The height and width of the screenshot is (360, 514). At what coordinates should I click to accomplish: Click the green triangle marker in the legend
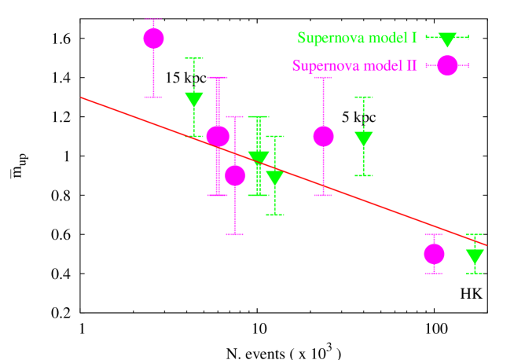click(x=447, y=39)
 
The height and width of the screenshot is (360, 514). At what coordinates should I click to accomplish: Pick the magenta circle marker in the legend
click(x=447, y=66)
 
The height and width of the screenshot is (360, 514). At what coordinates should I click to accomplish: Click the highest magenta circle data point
click(x=154, y=39)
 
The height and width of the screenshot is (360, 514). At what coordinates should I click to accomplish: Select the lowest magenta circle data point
click(x=434, y=254)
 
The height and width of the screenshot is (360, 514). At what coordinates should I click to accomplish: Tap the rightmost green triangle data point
click(x=475, y=256)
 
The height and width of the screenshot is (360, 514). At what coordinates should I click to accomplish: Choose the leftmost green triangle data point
click(x=194, y=100)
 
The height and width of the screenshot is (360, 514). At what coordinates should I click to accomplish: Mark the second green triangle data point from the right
click(x=363, y=139)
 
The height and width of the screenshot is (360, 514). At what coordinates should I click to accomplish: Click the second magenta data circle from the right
click(x=323, y=136)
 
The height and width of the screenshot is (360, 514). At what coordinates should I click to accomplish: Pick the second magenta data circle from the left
click(x=218, y=136)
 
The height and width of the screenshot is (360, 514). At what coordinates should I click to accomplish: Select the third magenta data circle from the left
click(x=235, y=175)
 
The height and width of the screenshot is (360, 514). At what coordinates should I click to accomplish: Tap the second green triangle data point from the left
click(x=259, y=158)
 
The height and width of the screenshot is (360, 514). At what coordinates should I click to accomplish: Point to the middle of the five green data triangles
click(x=274, y=178)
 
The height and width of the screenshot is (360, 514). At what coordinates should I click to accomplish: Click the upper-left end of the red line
click(x=82, y=97)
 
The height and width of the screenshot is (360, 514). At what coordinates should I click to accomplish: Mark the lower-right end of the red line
click(x=486, y=245)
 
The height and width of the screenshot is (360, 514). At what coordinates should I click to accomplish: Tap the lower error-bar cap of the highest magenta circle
click(x=154, y=97)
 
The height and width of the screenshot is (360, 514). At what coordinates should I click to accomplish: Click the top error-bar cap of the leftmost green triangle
click(x=194, y=58)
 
